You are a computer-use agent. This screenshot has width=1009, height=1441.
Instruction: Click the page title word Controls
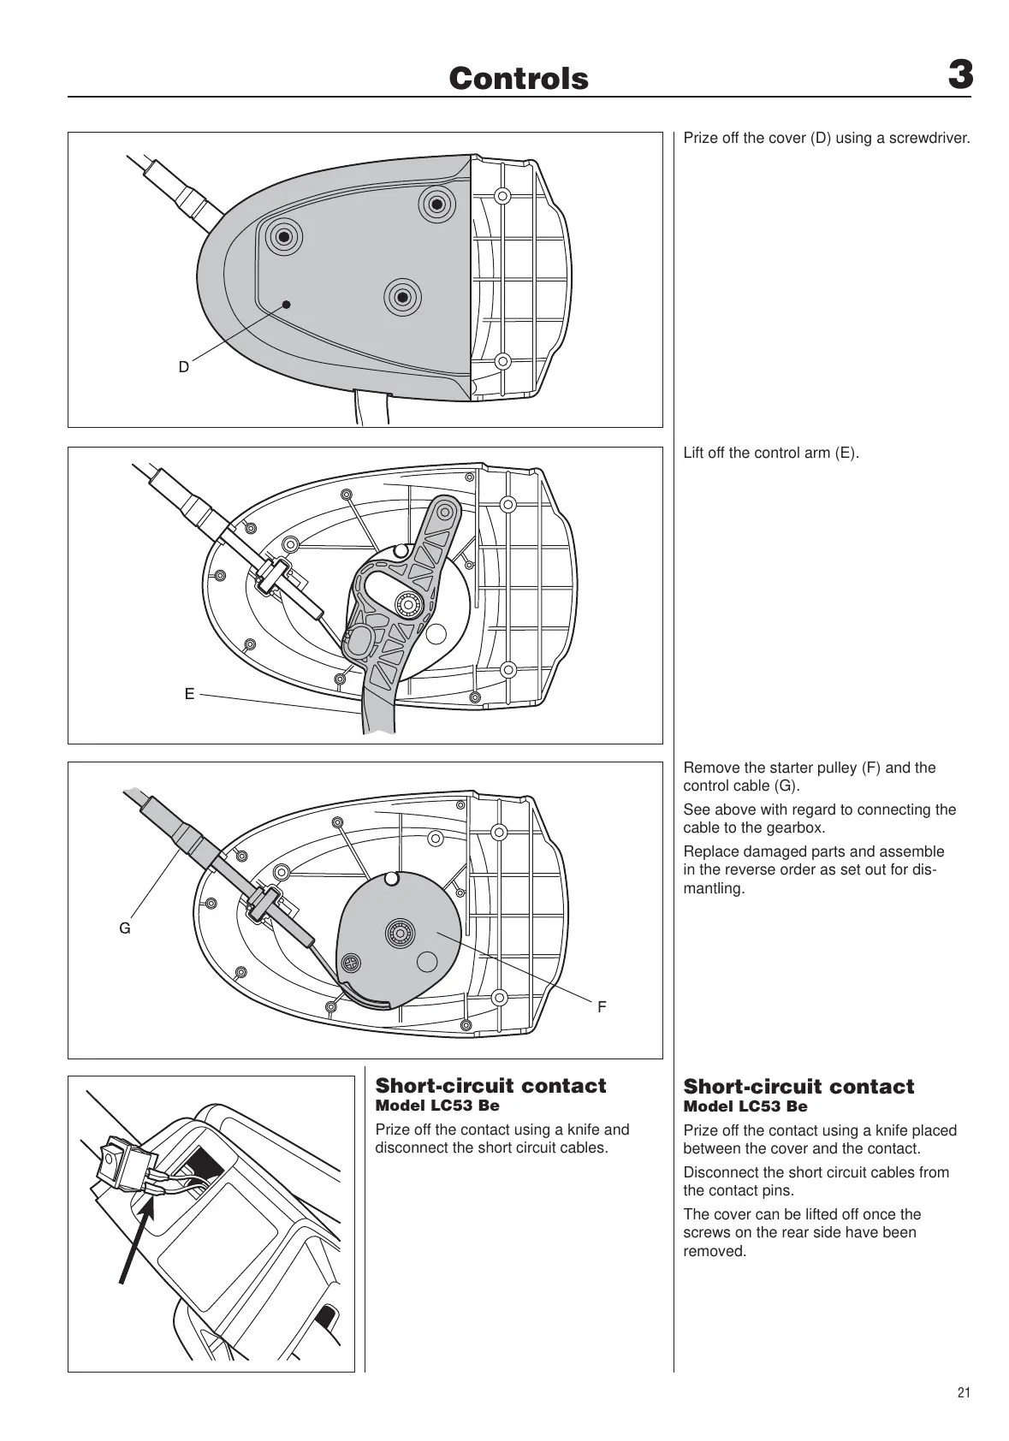click(519, 79)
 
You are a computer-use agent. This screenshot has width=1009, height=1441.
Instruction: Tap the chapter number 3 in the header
click(960, 75)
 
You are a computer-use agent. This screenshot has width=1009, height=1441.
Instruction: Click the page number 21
click(964, 1392)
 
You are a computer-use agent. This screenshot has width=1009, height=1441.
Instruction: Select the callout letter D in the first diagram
click(184, 367)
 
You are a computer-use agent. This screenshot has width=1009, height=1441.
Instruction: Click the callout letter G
click(125, 928)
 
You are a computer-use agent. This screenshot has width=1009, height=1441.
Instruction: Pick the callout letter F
click(602, 1007)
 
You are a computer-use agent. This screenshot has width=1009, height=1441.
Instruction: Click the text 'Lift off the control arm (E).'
click(770, 453)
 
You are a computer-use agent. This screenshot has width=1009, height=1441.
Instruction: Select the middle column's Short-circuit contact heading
click(490, 1086)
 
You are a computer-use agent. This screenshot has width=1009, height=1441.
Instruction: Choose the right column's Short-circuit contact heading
click(798, 1087)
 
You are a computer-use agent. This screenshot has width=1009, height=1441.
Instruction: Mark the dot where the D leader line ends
click(287, 304)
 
